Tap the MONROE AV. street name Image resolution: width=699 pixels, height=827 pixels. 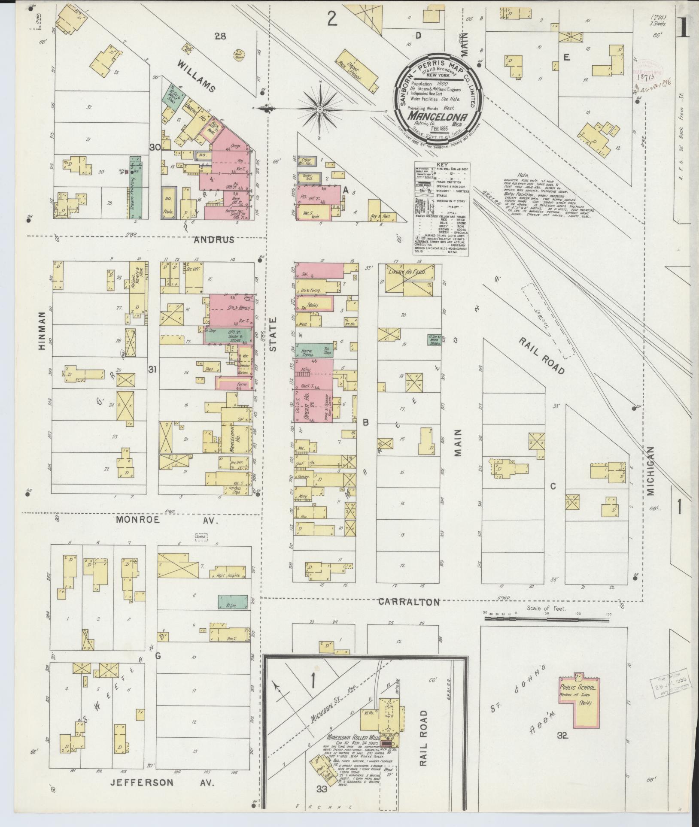coord(167,520)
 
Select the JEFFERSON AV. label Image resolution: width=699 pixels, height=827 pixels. coord(162,782)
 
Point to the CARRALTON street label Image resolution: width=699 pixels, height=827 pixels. coord(409,603)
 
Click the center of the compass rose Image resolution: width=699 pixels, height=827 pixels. coord(319,110)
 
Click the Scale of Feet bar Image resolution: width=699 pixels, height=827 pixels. coord(545,618)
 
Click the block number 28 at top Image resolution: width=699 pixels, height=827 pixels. coord(220,36)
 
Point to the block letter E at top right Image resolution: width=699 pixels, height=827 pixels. coord(566,58)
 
